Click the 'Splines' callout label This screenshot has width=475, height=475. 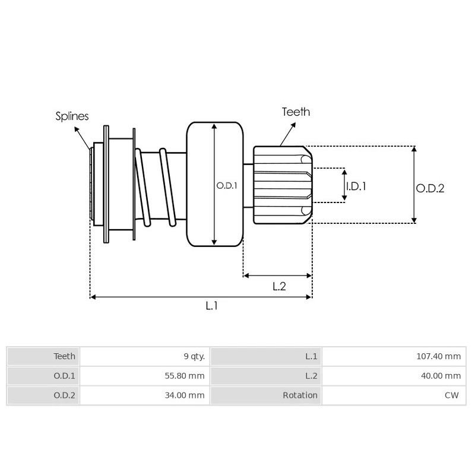pyautogui.click(x=72, y=116)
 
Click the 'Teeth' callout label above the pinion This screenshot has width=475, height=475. pyautogui.click(x=296, y=112)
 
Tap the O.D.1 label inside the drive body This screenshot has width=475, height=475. pyautogui.click(x=227, y=185)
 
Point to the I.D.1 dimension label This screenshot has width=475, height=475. pyautogui.click(x=356, y=186)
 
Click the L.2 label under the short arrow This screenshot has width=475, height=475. pyautogui.click(x=279, y=286)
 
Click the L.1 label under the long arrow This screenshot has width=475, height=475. pyautogui.click(x=212, y=306)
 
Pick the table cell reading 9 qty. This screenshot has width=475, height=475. pyautogui.click(x=194, y=356)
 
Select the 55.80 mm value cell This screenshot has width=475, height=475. pyautogui.click(x=187, y=376)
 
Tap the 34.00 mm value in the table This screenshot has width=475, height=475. pyautogui.click(x=187, y=395)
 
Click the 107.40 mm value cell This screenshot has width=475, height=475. pyautogui.click(x=438, y=356)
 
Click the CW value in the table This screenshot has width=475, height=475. pyautogui.click(x=453, y=395)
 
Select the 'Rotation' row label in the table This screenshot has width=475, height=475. pyautogui.click(x=300, y=395)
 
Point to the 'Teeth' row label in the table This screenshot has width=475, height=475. pyautogui.click(x=65, y=356)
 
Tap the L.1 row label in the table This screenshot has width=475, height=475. pyautogui.click(x=311, y=356)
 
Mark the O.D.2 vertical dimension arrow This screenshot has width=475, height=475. pyautogui.click(x=414, y=185)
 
